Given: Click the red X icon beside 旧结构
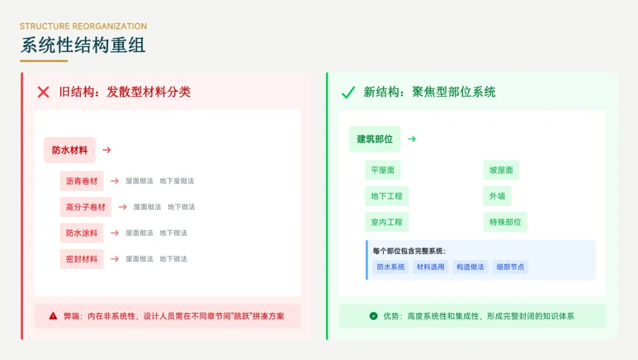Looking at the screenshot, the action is coord(43,92).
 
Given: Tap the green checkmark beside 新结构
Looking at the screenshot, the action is coord(348,92).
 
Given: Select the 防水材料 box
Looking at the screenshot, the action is coord(70,150).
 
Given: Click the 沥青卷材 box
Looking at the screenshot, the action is coord(82,181).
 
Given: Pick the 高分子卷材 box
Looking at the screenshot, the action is coord(86,207).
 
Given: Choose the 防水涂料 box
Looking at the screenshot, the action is coord(82,233).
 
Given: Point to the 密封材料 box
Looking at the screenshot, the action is coord(82,259).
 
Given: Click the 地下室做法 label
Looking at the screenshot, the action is coord(177,181).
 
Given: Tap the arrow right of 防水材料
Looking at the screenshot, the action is coord(107,150).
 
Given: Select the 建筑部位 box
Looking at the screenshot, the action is coord(375,139).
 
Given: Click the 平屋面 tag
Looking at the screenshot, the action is coord(383,170).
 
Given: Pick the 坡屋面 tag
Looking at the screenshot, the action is coord(501,170).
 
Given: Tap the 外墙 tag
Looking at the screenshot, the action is coord(497,196).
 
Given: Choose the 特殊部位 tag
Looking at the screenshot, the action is coord(505,222).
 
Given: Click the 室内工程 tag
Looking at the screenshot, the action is coord(387,222).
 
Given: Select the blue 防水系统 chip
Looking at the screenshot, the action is coord(390,267).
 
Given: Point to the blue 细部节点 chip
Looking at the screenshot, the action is coord(510,267).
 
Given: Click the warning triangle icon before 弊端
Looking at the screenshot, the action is coord(53,316).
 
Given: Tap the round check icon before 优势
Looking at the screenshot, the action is coord(373,316).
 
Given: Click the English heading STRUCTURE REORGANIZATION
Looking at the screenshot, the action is coord(83,27).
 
